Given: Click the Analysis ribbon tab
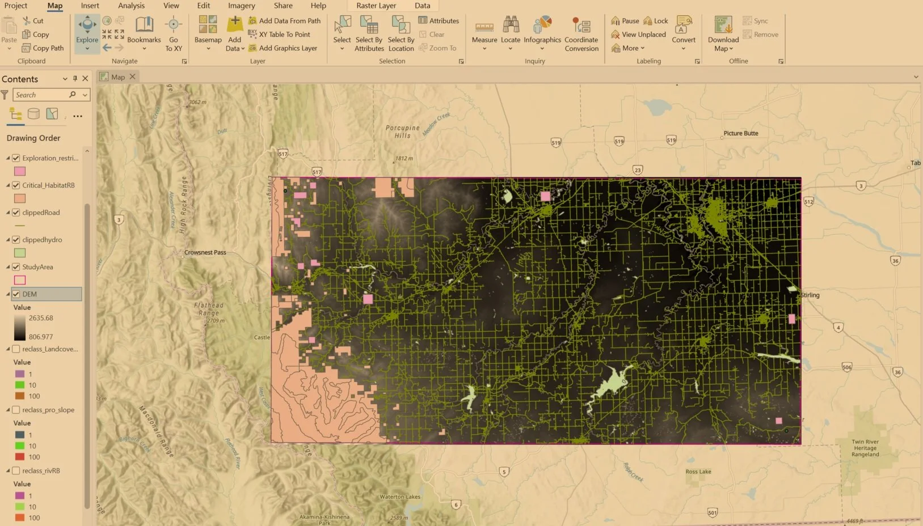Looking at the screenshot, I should pyautogui.click(x=131, y=6).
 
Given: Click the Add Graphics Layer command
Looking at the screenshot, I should pyautogui.click(x=288, y=48).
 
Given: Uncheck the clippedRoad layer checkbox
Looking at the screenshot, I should pyautogui.click(x=16, y=213).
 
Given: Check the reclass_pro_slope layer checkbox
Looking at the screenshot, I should pyautogui.click(x=16, y=410).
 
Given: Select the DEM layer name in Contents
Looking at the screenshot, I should pyautogui.click(x=29, y=294).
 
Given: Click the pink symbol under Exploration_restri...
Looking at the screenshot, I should pyautogui.click(x=20, y=171).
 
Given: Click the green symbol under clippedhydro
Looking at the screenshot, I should pyautogui.click(x=20, y=253).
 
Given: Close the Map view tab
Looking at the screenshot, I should pyautogui.click(x=133, y=77).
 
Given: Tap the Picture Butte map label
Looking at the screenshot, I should pyautogui.click(x=740, y=133).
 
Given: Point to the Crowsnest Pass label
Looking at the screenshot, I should pyautogui.click(x=205, y=252).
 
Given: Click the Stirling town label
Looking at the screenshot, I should pyautogui.click(x=810, y=295).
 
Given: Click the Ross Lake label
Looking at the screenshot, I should pyautogui.click(x=698, y=472).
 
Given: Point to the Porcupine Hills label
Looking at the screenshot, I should pyautogui.click(x=403, y=131).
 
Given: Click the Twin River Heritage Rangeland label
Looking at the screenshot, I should pyautogui.click(x=865, y=448).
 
